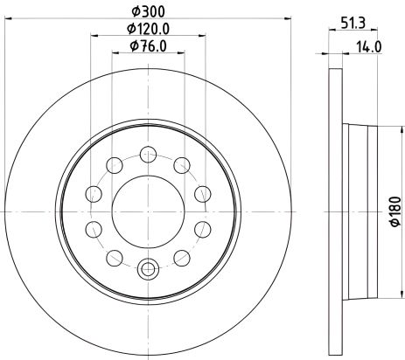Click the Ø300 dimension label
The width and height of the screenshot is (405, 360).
[x=148, y=11]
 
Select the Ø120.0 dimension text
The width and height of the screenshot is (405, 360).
[x=148, y=29]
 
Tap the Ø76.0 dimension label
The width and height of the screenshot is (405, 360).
[x=148, y=46]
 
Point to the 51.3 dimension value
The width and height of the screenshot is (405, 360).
[x=353, y=23]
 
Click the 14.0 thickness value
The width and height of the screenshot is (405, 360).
[x=369, y=47]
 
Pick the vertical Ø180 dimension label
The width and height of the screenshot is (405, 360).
[x=395, y=211]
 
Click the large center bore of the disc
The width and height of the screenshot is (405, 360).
[x=148, y=211]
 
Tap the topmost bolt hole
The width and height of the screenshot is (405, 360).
[x=148, y=155]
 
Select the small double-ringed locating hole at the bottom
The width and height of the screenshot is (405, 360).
[x=148, y=268]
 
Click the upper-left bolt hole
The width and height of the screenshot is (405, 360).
[x=115, y=165]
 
